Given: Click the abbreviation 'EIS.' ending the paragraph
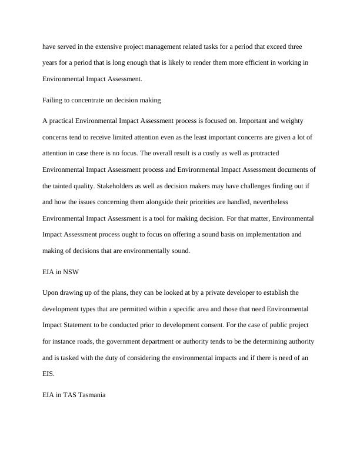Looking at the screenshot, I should click(49, 374).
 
